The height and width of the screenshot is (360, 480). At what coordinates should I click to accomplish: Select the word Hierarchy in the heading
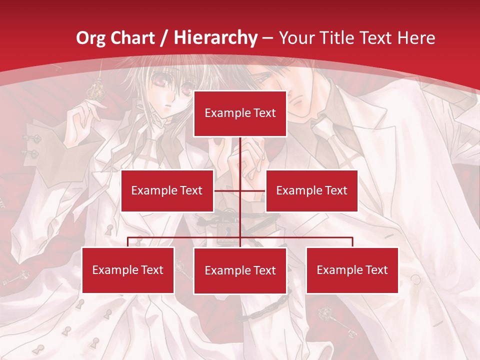point(215,38)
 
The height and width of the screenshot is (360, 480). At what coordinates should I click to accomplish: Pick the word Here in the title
point(416,38)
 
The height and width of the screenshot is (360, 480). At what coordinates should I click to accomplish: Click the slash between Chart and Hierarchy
point(165,38)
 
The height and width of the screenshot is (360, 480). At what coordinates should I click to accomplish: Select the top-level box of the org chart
point(240,113)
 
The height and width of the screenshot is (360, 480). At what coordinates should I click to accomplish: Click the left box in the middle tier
point(167,190)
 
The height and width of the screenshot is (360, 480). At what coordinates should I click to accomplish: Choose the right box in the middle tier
point(311,190)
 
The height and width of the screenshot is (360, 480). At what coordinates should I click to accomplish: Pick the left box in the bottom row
point(128,270)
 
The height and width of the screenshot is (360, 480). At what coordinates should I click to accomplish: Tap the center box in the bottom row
point(240,270)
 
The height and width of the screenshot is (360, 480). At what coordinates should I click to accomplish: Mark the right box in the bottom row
point(352,270)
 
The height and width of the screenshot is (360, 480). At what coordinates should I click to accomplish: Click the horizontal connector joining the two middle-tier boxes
point(252,190)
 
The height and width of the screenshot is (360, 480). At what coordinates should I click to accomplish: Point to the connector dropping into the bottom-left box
point(128,242)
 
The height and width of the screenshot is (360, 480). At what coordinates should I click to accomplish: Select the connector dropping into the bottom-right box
point(352,242)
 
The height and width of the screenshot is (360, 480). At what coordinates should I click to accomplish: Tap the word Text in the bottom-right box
point(375,270)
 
